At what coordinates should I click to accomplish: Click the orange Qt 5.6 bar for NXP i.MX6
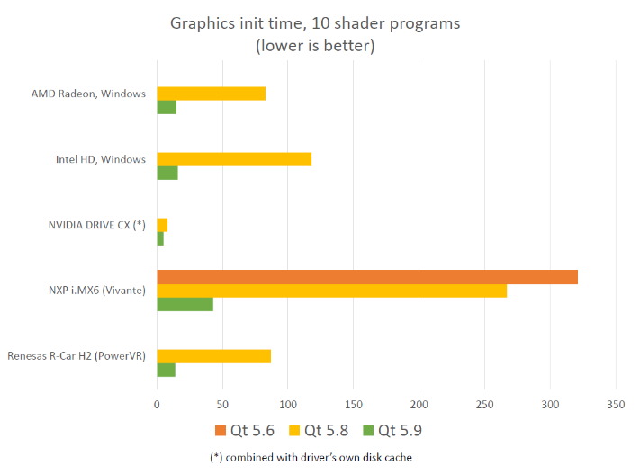(x=367, y=277)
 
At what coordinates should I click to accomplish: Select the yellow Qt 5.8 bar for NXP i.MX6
(x=331, y=291)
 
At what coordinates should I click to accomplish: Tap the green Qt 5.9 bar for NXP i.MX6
(x=185, y=304)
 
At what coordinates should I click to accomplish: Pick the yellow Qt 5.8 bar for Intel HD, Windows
(x=234, y=159)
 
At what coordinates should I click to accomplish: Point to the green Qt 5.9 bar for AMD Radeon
(x=167, y=107)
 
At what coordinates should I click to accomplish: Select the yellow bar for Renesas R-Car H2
(x=214, y=356)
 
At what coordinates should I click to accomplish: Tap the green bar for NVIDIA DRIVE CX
(x=160, y=238)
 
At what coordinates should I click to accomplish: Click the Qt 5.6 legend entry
(x=242, y=430)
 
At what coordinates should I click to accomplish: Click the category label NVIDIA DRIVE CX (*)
(x=96, y=224)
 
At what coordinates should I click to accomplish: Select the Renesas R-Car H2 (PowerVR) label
(x=77, y=355)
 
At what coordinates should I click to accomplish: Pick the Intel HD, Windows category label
(x=100, y=159)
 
